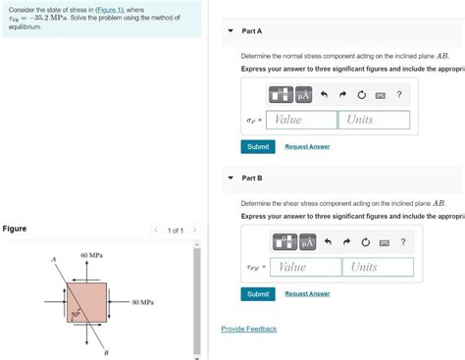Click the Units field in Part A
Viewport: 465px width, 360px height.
tap(374, 120)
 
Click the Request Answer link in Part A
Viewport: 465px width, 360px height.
tap(307, 147)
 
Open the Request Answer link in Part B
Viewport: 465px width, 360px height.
tap(307, 294)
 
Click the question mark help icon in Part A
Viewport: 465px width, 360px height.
tap(398, 94)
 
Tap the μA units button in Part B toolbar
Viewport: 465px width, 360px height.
tap(307, 242)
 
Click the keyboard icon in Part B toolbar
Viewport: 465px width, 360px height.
tap(384, 242)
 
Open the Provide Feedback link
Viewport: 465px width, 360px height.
tap(248, 329)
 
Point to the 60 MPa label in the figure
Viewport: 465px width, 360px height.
tap(91, 255)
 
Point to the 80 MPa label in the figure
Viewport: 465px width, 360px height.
tap(142, 303)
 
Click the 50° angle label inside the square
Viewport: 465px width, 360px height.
tap(75, 314)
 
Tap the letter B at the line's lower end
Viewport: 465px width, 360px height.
tap(105, 352)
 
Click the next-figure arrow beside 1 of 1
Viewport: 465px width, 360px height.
tap(194, 231)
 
